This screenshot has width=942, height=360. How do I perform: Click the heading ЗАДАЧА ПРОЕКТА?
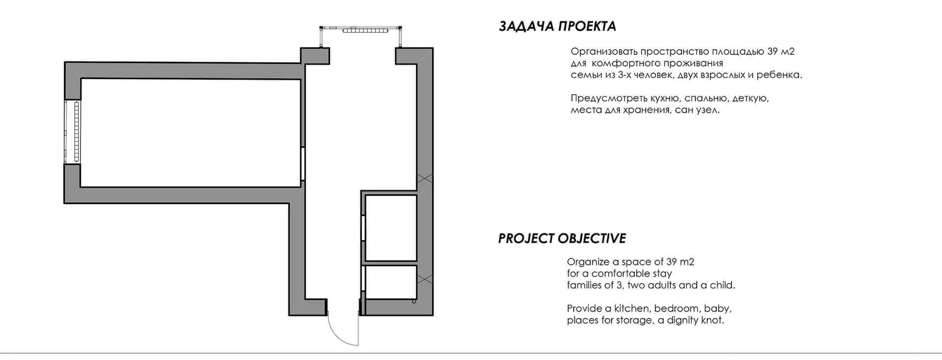coord(557,26)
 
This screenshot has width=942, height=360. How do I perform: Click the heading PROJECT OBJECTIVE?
coord(562,238)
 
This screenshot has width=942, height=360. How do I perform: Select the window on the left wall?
coord(73,131)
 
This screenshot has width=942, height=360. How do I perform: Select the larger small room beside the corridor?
coord(391,228)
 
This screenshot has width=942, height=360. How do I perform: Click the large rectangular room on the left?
coord(190,132)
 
